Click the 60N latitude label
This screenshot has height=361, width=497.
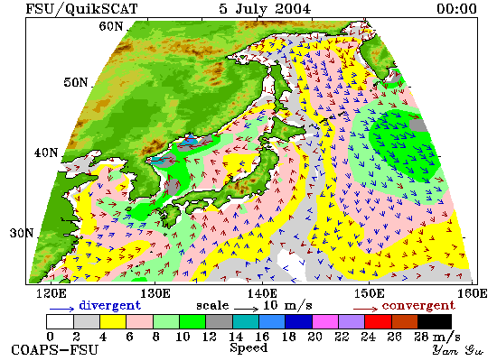(x=110, y=26)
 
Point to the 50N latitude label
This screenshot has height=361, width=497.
(x=75, y=82)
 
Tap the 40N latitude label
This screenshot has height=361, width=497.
(x=46, y=153)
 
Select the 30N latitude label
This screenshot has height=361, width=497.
(x=22, y=233)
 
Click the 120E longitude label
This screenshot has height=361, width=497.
(x=52, y=293)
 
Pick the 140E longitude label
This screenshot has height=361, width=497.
(x=262, y=293)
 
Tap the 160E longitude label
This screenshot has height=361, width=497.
(x=473, y=293)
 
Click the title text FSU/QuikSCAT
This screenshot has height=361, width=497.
(x=81, y=8)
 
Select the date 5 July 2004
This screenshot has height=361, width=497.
(x=265, y=8)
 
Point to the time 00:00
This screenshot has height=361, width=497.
(x=456, y=8)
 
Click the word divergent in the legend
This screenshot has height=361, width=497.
(x=109, y=305)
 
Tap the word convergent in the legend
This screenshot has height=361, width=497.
(x=418, y=306)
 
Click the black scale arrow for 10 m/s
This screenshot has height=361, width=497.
(x=247, y=309)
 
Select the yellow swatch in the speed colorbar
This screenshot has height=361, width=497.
(x=113, y=321)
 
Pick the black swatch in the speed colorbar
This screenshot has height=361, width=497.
(x=435, y=321)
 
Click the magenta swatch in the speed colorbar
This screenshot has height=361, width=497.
(x=325, y=321)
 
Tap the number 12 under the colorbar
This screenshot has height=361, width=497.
(x=210, y=337)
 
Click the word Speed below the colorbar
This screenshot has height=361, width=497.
(x=248, y=348)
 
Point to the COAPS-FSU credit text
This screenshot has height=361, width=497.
(x=54, y=350)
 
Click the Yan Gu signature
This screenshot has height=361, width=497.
(x=458, y=350)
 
